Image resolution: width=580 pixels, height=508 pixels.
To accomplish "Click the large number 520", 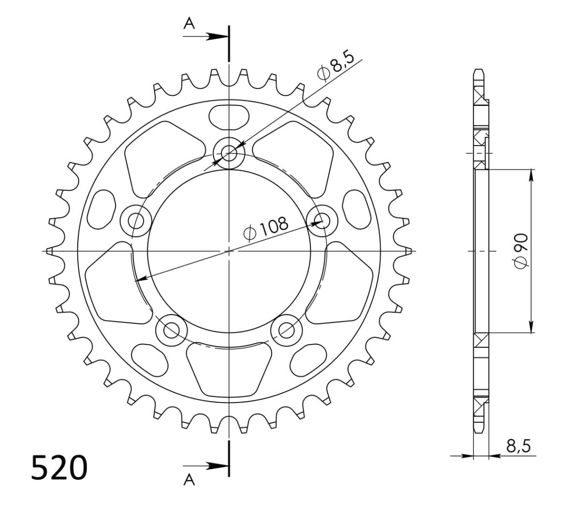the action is click(x=59, y=468).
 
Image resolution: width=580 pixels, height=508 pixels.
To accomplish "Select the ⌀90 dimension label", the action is click(x=521, y=251).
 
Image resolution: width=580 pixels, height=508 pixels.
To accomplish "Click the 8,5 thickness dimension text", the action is click(x=518, y=446).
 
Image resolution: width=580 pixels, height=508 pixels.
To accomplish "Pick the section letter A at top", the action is click(x=189, y=23).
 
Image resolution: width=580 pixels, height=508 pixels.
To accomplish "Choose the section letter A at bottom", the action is click(x=189, y=480).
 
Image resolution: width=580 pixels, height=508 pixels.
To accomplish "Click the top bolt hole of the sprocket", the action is click(x=229, y=153).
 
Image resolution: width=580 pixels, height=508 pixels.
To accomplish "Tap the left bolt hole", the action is click(x=136, y=221).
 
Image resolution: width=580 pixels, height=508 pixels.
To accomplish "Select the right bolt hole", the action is click(x=322, y=221).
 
